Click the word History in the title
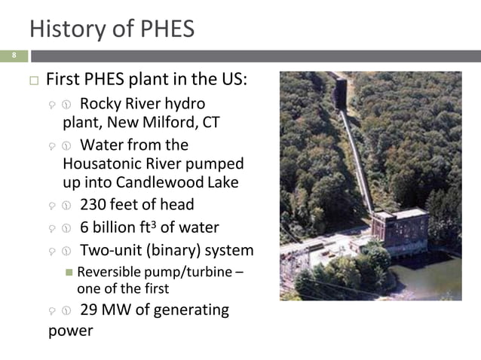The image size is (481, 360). click(65, 29)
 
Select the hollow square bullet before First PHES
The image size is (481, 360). click(32, 81)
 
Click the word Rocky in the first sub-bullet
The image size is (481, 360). click(101, 103)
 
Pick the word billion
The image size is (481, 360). click(122, 227)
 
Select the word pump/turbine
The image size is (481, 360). click(188, 272)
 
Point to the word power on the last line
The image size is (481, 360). click(70, 330)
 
